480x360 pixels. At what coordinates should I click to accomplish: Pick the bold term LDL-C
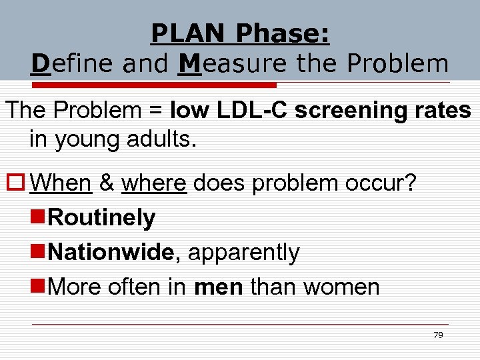coord(252,111)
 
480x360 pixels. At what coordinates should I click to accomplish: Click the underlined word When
coord(61,183)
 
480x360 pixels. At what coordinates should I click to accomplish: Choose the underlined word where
coord(154,183)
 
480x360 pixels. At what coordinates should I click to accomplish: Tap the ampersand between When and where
coord(107,183)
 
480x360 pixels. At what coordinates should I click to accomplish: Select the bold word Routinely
coord(102,217)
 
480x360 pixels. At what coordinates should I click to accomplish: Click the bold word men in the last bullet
coord(219,287)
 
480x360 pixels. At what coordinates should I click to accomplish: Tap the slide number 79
coord(438,335)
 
